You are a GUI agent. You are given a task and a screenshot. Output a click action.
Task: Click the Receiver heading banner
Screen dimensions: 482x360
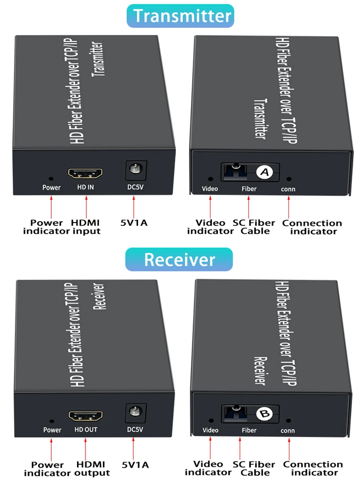click(179, 259)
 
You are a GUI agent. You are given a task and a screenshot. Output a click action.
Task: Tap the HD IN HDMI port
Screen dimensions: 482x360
click(85, 173)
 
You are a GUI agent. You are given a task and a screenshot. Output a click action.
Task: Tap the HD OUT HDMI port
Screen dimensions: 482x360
click(85, 415)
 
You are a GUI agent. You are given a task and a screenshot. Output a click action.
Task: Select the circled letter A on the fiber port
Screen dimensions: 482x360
click(265, 172)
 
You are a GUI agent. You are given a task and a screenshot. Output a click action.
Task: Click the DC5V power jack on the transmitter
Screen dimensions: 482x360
click(134, 169)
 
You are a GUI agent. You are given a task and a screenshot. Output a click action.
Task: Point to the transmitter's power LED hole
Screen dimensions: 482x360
click(51, 179)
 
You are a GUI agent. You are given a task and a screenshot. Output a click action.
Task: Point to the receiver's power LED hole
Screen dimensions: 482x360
click(52, 421)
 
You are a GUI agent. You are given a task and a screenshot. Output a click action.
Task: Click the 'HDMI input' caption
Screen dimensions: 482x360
click(85, 227)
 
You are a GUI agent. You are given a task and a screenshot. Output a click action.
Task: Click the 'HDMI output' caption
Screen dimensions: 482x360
click(91, 469)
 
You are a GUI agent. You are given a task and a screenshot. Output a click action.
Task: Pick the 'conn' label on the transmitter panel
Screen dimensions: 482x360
click(288, 189)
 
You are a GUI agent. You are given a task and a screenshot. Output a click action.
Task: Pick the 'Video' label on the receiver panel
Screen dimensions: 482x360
click(210, 430)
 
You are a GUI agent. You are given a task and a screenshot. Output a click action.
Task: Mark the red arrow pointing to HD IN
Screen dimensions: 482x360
click(85, 205)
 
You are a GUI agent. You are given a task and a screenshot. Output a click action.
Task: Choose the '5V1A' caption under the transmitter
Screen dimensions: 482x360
click(134, 223)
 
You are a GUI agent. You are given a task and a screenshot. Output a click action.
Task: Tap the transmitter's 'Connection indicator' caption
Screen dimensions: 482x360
click(312, 227)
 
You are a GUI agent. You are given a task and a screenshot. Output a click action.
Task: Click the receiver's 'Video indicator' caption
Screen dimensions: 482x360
click(208, 468)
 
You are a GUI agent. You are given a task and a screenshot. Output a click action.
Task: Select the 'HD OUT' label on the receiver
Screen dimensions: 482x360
click(85, 430)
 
